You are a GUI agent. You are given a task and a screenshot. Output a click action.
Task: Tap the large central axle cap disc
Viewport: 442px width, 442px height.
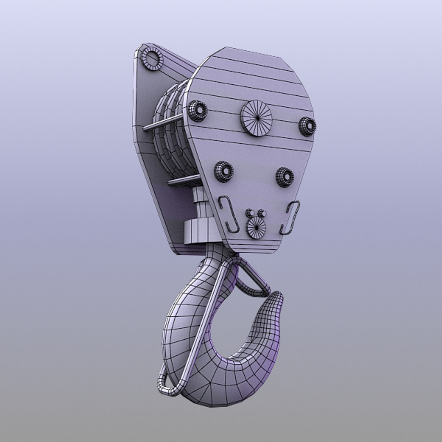(x=257, y=118)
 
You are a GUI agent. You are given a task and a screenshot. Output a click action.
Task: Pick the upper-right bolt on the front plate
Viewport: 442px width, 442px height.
(x=307, y=126)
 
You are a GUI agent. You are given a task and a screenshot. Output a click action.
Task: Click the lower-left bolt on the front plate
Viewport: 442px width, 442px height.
(x=223, y=171)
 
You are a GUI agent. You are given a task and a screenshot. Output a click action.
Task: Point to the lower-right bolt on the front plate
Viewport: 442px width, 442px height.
(x=285, y=177)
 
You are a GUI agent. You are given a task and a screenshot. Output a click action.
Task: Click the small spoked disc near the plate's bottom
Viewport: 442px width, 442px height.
(x=256, y=228)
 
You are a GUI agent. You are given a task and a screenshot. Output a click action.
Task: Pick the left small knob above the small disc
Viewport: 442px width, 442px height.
(x=249, y=213)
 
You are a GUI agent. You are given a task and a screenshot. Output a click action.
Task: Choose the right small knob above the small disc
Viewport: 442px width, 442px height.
(x=262, y=214)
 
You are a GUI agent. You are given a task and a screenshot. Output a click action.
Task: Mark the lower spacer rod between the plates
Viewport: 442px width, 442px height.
(x=183, y=180)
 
